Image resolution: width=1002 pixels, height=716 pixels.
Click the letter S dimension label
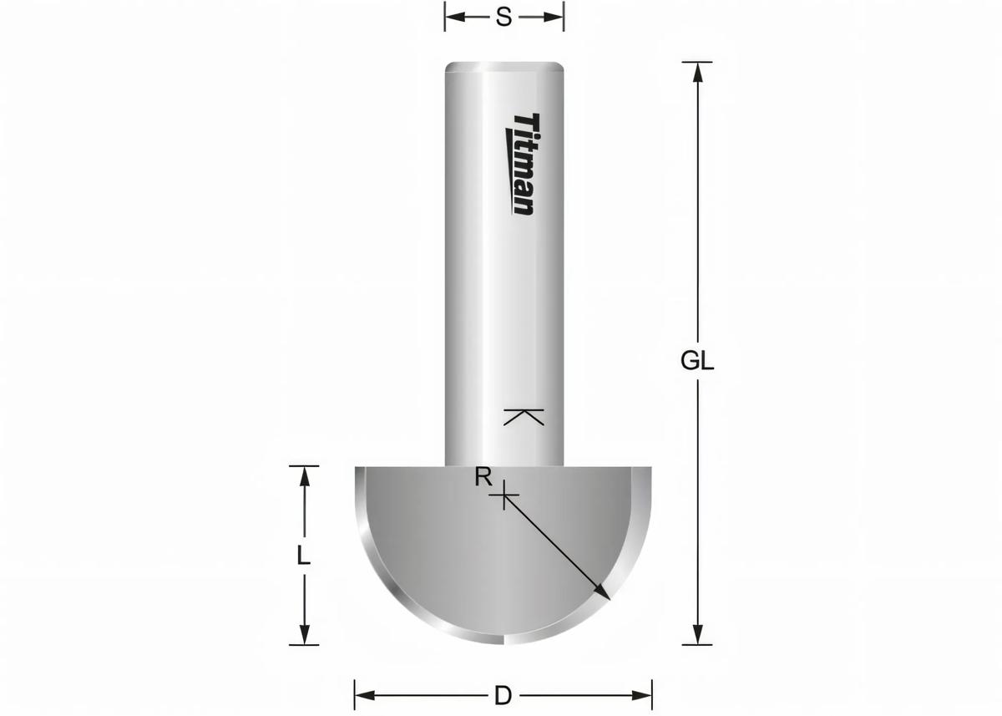coord(504,17)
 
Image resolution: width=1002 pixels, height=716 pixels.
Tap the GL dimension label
coord(697,361)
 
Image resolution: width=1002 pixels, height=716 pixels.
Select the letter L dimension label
coord(304,556)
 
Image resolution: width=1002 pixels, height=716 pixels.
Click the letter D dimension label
coord(503,694)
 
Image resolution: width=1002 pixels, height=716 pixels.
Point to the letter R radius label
coord(483,478)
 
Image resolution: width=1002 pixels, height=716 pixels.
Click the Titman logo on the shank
coord(524,165)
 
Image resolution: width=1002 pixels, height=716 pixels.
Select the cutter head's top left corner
coord(357,469)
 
